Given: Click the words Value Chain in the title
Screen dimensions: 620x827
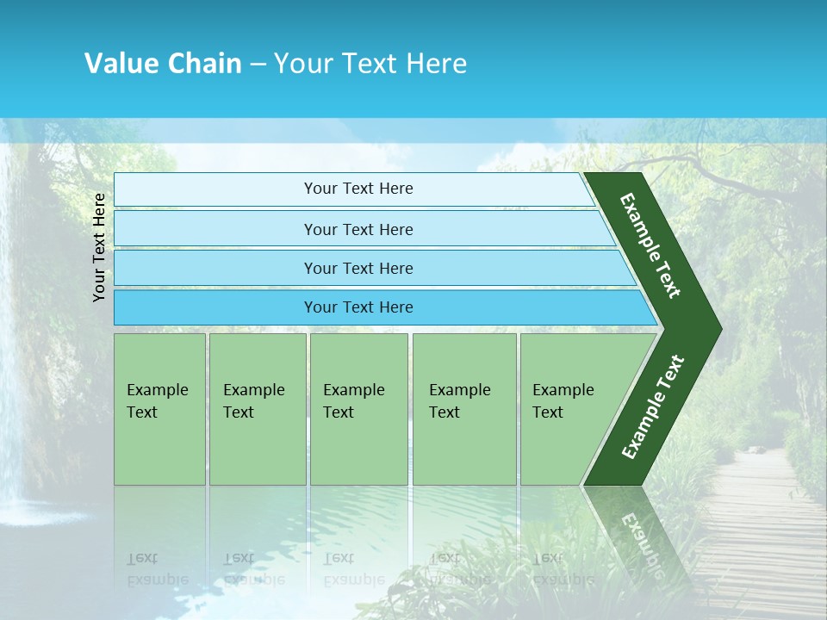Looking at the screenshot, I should click(x=163, y=63).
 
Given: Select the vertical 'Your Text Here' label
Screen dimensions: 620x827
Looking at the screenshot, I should click(x=99, y=247).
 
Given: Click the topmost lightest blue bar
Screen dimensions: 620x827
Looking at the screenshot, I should click(x=358, y=189).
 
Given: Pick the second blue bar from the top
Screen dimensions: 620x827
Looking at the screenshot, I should click(x=358, y=229).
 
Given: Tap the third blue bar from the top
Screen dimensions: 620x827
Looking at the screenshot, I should click(x=358, y=269).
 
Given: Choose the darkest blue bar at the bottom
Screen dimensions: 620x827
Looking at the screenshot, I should click(x=358, y=307).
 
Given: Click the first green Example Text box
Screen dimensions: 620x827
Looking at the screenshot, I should click(x=159, y=409).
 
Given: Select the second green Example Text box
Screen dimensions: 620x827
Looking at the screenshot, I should click(x=257, y=409).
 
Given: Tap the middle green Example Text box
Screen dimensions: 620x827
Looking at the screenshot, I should click(x=358, y=409).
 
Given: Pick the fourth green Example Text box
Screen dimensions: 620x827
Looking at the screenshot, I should click(x=463, y=409).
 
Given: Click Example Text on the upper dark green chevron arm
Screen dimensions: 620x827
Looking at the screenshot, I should click(x=650, y=245).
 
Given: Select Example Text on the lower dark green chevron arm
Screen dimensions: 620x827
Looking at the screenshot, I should click(x=653, y=406).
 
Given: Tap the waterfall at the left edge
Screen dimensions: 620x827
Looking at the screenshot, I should click(x=13, y=431).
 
